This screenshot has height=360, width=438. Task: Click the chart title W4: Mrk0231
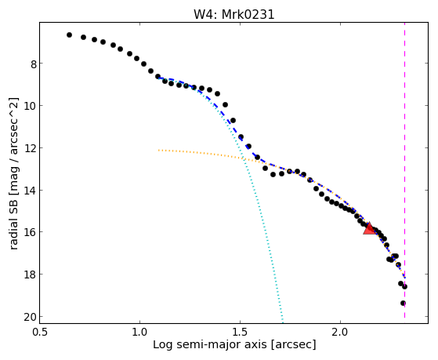click(x=234, y=14)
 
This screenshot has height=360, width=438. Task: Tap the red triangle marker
click(x=369, y=228)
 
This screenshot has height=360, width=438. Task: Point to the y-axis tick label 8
click(x=34, y=64)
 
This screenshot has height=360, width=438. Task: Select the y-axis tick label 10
click(x=31, y=107)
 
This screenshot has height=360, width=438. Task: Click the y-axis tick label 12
click(x=31, y=149)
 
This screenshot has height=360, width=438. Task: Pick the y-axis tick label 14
click(x=31, y=191)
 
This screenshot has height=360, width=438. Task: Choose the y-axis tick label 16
click(x=31, y=233)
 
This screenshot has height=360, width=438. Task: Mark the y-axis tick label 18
click(x=31, y=275)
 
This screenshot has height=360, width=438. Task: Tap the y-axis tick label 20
click(x=31, y=318)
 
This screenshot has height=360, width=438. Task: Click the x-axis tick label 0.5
click(x=40, y=332)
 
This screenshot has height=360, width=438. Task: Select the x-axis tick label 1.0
click(x=139, y=332)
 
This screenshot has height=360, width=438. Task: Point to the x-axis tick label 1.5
click(x=240, y=332)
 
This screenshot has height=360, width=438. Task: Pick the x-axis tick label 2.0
click(x=340, y=332)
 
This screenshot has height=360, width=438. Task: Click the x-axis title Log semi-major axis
click(x=210, y=344)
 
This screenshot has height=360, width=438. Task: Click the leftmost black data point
click(x=69, y=35)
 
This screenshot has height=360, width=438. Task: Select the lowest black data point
click(x=403, y=304)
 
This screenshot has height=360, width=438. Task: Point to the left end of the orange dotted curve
click(x=158, y=151)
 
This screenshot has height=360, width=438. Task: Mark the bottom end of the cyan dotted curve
click(x=283, y=322)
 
